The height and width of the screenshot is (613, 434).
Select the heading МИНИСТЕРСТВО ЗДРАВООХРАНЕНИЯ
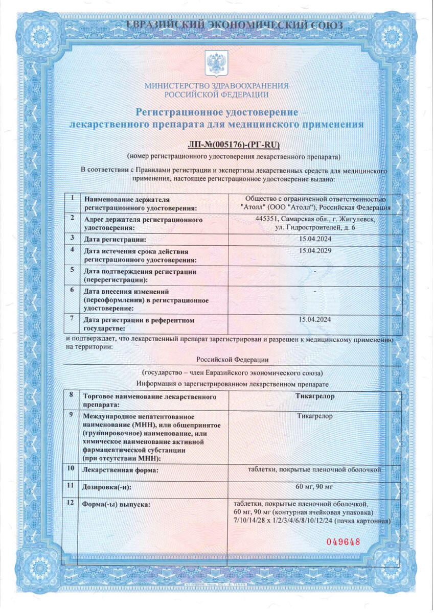(x=216, y=86)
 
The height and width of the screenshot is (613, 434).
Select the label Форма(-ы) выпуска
(x=117, y=505)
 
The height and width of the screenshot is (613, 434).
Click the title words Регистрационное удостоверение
(x=216, y=111)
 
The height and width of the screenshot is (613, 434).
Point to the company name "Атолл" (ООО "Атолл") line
(x=315, y=207)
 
